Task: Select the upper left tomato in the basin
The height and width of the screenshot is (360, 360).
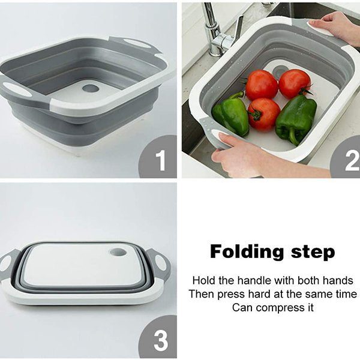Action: [x=262, y=85]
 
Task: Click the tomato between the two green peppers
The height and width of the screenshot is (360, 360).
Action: [x=263, y=114]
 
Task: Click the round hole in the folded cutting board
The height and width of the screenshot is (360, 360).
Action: [x=118, y=253]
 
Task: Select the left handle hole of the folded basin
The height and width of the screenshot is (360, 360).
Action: [x=5, y=263]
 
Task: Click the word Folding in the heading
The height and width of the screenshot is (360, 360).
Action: [x=247, y=253]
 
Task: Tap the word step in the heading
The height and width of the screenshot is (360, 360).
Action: [x=313, y=252]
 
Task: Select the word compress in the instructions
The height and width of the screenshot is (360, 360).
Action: [x=280, y=307]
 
